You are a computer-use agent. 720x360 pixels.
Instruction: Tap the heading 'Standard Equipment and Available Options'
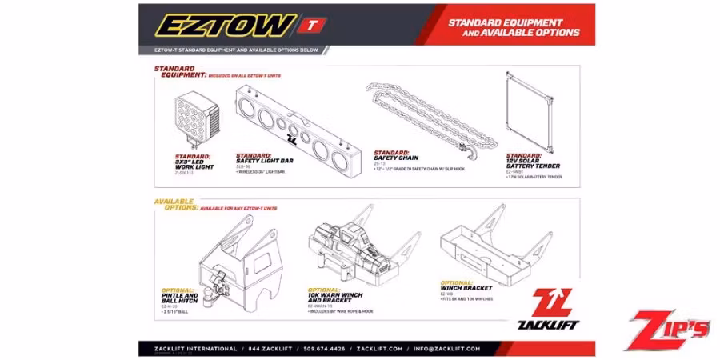(x=514, y=27)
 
